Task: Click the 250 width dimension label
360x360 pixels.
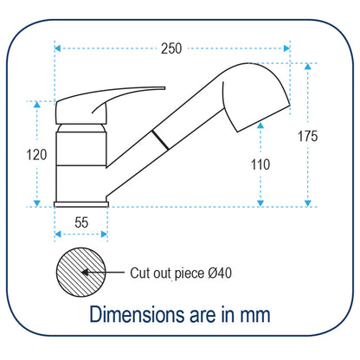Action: pos(171,49)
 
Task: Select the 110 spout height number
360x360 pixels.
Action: pos(260,164)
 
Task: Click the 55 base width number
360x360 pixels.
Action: pos(81,222)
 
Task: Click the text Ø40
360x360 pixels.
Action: pos(219,273)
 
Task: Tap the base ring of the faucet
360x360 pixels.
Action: pos(81,203)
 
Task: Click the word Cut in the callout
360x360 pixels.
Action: pos(141,273)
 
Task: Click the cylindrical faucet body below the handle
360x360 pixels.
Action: pos(81,160)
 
